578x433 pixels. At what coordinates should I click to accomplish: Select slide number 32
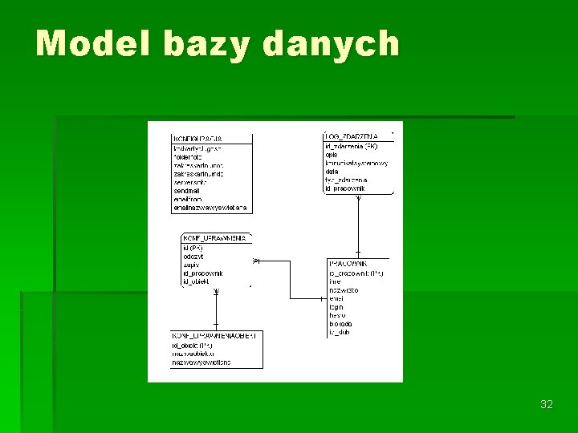click(547, 404)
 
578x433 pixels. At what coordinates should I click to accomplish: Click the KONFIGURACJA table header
click(198, 139)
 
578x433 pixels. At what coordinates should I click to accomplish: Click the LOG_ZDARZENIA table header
click(351, 137)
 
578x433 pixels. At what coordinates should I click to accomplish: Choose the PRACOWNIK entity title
click(348, 263)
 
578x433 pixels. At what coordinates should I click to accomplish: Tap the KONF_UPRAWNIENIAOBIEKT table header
click(214, 335)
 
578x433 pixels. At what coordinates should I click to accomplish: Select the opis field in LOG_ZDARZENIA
click(332, 155)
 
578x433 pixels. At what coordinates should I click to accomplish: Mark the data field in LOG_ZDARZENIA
click(332, 171)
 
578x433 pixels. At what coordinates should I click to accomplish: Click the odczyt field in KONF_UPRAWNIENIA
click(192, 256)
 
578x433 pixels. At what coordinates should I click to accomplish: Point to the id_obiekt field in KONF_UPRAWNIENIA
click(196, 281)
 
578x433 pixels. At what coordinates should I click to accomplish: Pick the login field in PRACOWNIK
click(336, 306)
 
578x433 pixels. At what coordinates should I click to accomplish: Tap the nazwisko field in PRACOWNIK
click(344, 289)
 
